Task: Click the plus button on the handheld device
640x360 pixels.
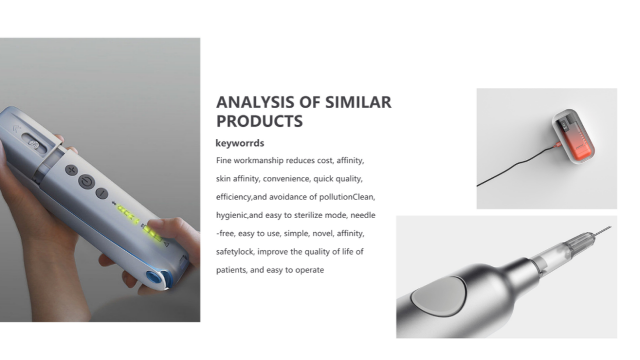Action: point(72,170)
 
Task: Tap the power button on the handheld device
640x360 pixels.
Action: point(87,181)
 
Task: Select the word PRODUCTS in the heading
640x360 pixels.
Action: point(259,121)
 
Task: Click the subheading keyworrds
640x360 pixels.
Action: point(240,143)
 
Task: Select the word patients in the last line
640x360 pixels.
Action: point(232,270)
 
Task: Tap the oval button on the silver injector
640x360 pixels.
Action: point(439,296)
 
